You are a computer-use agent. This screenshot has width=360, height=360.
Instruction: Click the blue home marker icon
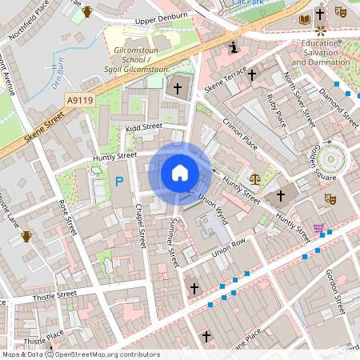(x=180, y=172)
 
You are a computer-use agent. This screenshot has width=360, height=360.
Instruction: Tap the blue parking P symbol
(x=119, y=182)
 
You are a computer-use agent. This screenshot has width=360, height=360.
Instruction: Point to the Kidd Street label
(x=143, y=126)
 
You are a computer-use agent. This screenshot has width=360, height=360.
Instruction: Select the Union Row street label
(x=229, y=248)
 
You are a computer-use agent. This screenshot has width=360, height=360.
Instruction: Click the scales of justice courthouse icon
(x=255, y=180)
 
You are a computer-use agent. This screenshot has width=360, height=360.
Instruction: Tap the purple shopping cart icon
(x=319, y=229)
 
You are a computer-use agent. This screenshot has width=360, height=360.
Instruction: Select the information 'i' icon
(x=232, y=48)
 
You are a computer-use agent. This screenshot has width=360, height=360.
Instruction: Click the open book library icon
(x=303, y=18)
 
